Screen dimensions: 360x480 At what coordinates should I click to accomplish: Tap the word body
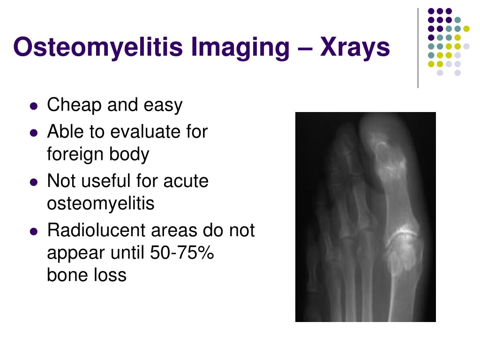(130, 154)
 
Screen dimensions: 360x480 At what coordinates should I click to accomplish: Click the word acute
(185, 181)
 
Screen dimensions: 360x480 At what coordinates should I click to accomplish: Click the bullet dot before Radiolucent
(33, 232)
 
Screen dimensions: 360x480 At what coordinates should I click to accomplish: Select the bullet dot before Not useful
(33, 182)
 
